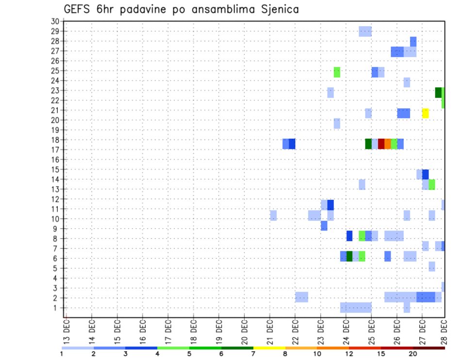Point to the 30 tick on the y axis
coord(54,21)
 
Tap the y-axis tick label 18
coord(54,140)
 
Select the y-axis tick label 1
coord(56,308)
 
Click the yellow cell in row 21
coord(425,113)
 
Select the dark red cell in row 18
coord(381,144)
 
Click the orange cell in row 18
coord(387,144)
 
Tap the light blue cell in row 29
coord(365,32)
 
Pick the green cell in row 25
coord(337,72)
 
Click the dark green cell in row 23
coord(438,93)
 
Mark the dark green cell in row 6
coord(349,256)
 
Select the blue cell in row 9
coord(324,226)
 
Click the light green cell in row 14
coord(432,184)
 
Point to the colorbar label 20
coord(413,353)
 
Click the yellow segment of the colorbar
coord(269,348)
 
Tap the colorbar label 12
coord(349,353)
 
